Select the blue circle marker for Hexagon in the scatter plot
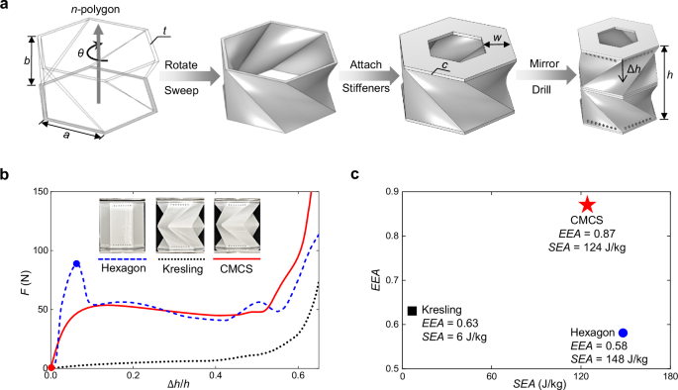[624, 333]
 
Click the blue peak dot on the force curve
[76, 263]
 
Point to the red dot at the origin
[50, 367]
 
